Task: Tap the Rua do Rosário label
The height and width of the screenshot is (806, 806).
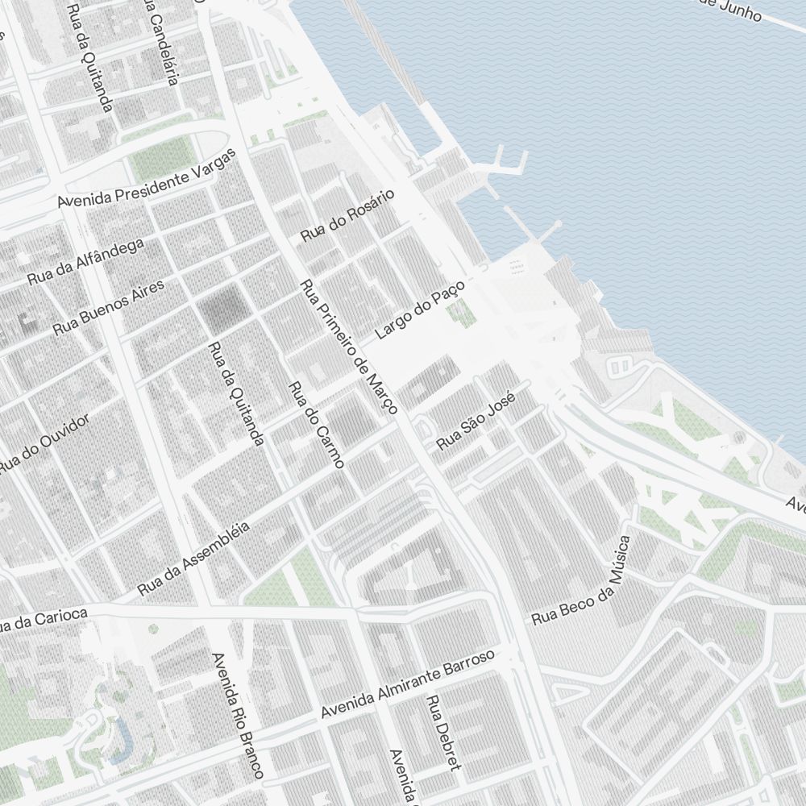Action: tap(348, 216)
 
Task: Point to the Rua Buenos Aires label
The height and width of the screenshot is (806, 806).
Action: tap(109, 307)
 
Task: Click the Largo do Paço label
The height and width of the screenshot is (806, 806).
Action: tap(421, 311)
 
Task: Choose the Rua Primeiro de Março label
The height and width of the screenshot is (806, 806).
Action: tap(348, 347)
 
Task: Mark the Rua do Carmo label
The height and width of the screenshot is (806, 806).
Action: tap(316, 424)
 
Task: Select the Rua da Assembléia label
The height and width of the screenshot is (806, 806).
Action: tap(193, 559)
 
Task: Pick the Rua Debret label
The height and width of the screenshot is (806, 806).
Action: tap(444, 733)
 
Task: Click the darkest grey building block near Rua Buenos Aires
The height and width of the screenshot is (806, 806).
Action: tap(224, 307)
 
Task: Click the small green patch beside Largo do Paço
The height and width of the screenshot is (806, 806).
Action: tap(464, 313)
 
